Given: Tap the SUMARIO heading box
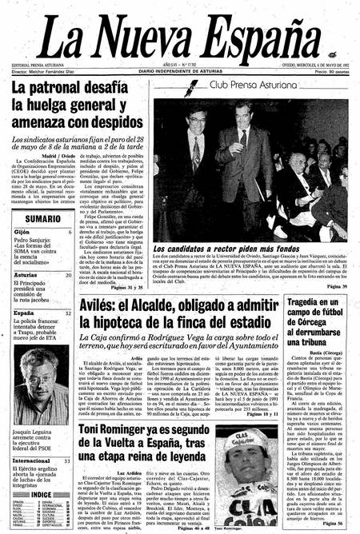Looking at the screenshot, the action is [38, 218].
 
